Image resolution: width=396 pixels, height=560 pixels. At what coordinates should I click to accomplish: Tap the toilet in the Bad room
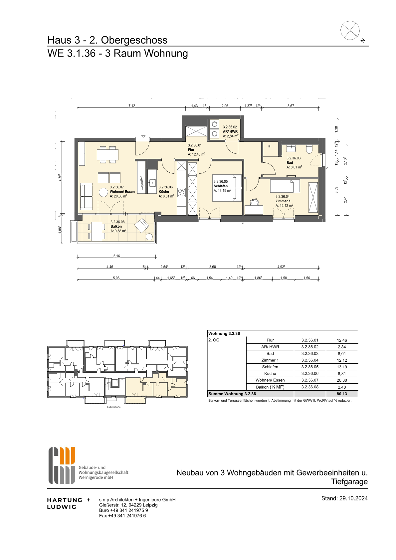[x=309, y=149]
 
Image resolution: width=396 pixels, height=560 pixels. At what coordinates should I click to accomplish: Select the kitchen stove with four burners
[x=182, y=192]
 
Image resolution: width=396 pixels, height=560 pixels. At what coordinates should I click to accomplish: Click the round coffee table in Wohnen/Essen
[x=103, y=193]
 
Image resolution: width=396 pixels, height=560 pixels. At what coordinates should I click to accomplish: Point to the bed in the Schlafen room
[x=227, y=188]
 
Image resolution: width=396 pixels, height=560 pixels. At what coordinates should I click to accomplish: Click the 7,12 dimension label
[x=132, y=106]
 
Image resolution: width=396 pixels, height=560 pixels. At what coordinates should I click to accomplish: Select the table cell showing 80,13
[x=342, y=394]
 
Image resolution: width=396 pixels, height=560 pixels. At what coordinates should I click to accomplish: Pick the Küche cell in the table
[x=270, y=374]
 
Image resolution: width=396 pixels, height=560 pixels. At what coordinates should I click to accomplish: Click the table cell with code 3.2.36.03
[x=310, y=353]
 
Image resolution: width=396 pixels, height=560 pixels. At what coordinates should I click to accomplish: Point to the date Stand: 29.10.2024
[x=344, y=498]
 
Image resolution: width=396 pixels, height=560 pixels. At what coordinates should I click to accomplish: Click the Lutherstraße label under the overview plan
[x=114, y=407]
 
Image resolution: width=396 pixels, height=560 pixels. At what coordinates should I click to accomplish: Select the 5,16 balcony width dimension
[x=117, y=256]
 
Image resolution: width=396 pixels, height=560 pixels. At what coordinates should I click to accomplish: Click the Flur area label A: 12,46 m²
[x=196, y=154]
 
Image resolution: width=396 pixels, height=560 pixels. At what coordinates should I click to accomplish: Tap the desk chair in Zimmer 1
[x=255, y=202]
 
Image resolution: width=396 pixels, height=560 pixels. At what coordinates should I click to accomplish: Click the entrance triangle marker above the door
[x=143, y=137]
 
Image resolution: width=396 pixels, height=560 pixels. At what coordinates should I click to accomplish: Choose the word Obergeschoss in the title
[x=134, y=40]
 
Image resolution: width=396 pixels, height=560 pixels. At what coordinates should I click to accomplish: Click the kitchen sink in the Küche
[x=151, y=183]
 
